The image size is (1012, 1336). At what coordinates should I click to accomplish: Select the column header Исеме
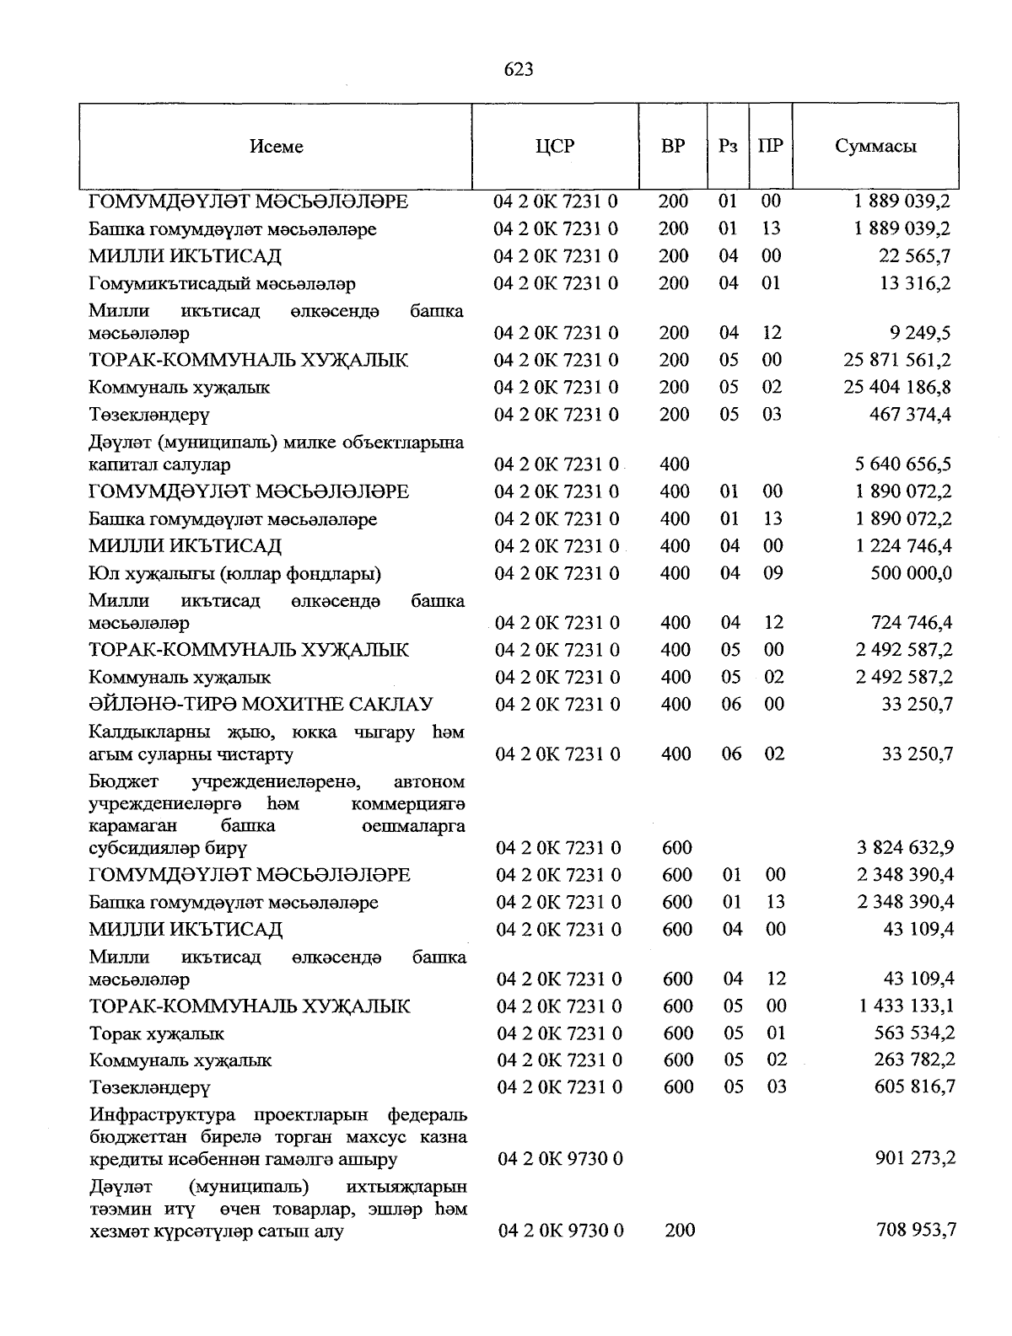(276, 147)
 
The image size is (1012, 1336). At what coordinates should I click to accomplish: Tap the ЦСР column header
(555, 147)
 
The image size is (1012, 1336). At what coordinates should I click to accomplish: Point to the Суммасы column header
(875, 147)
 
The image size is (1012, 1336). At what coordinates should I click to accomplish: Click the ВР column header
(673, 147)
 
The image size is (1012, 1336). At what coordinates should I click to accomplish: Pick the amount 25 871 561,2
(897, 360)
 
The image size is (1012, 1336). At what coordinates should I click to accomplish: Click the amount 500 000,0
(911, 573)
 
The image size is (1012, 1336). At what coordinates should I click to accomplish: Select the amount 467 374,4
(910, 414)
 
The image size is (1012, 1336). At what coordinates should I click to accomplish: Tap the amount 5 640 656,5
(903, 464)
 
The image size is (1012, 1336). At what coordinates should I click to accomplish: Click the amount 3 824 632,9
(906, 847)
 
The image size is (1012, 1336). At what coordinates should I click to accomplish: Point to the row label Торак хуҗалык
(157, 1033)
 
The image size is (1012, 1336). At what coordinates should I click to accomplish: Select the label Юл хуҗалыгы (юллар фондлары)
(235, 574)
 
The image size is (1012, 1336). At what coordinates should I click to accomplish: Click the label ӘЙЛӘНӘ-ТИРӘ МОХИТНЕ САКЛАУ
(261, 704)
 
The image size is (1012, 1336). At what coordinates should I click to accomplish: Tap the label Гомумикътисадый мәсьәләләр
(223, 284)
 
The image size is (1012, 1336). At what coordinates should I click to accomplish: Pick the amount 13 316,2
(915, 283)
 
